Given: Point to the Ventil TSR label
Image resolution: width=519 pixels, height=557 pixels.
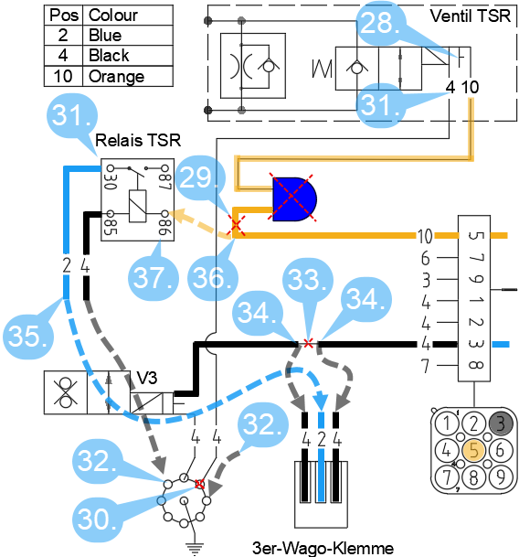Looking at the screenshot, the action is (471, 16).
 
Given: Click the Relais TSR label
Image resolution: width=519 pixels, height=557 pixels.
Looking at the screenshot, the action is (138, 140).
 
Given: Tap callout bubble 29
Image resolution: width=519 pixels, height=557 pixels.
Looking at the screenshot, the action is (200, 177).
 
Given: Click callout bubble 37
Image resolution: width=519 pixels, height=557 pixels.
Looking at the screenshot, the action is (153, 278).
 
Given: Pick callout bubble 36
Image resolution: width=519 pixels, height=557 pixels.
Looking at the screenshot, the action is (212, 278).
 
